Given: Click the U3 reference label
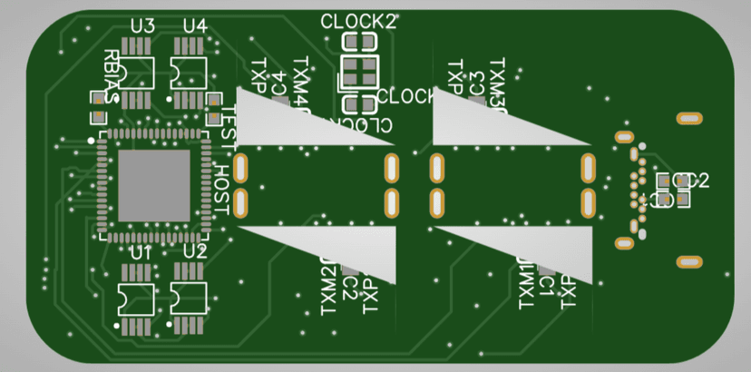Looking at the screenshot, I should [142, 26].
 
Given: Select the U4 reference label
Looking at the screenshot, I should [195, 26].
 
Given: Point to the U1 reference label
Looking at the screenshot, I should [141, 251].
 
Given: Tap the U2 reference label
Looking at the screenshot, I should [195, 250].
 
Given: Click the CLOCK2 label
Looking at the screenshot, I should [359, 21].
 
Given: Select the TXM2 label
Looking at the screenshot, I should [327, 285].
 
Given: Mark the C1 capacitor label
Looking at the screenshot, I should [546, 287].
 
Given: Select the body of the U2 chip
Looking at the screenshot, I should [188, 296].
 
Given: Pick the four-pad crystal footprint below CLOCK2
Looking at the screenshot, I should [359, 72].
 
